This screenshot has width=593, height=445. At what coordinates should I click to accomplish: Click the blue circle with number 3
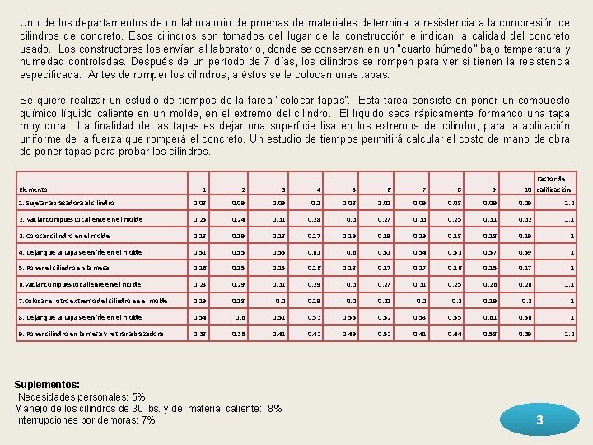point(539,419)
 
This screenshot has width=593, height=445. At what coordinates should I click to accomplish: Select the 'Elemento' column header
point(34,190)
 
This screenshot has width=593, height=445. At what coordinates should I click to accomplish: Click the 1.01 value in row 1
point(384,202)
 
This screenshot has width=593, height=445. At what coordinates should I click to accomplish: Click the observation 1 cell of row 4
point(199,252)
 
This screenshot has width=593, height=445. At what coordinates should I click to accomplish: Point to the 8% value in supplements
point(274,408)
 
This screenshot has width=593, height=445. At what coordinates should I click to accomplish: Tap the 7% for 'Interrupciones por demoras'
point(148,420)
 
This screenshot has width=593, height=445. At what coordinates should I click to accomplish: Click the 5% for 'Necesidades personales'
point(137,396)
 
